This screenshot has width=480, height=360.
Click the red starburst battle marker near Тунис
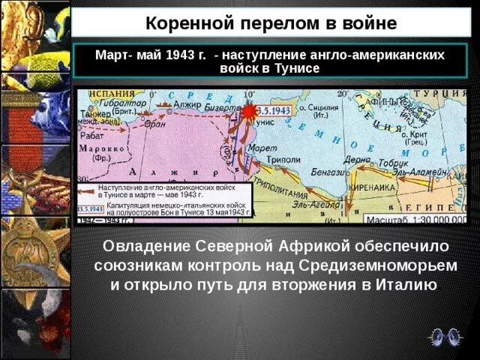pyautogui.click(x=247, y=111)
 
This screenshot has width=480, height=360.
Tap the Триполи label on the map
pyautogui.click(x=284, y=159)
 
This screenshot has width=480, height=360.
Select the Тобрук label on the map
pyautogui.click(x=393, y=162)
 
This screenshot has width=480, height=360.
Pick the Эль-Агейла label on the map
pyautogui.click(x=310, y=204)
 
